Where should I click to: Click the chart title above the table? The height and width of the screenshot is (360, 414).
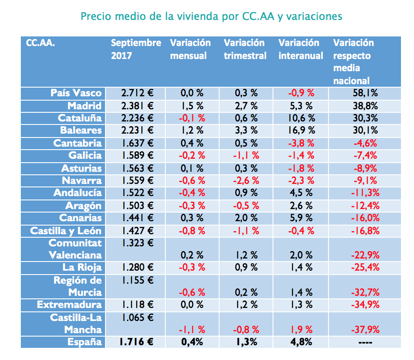pyautogui.click(x=211, y=16)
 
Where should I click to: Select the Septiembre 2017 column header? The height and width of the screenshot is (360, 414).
pyautogui.click(x=136, y=49)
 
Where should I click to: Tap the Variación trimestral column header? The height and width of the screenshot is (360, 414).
pyautogui.click(x=245, y=49)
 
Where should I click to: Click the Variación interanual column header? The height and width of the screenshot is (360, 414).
pyautogui.click(x=301, y=49)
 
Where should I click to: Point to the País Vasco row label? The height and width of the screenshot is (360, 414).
pyautogui.click(x=76, y=93)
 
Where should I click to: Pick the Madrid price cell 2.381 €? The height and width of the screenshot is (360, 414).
pyautogui.click(x=137, y=106)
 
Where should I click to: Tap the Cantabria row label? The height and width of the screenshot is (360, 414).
pyautogui.click(x=78, y=143)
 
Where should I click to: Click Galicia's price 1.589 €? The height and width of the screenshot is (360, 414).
pyautogui.click(x=137, y=156)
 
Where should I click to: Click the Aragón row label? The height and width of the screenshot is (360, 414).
pyautogui.click(x=83, y=206)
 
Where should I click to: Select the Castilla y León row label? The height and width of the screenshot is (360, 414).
pyautogui.click(x=66, y=231)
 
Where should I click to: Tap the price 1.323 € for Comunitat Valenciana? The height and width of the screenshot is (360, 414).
pyautogui.click(x=137, y=243)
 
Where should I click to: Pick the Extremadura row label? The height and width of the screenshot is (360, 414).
pyautogui.click(x=69, y=304)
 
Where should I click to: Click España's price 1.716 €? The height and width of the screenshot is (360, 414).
pyautogui.click(x=137, y=342)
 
